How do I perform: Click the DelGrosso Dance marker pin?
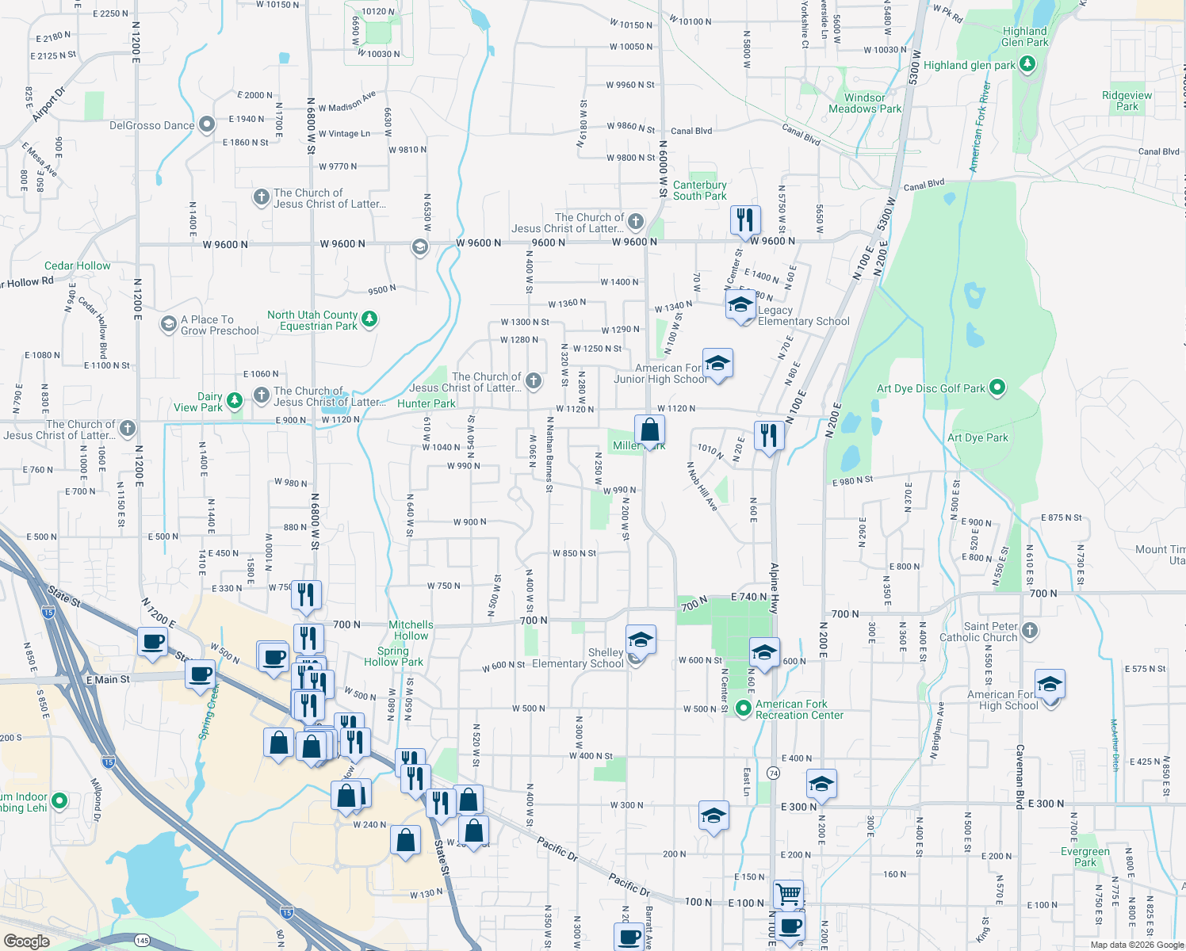click(x=207, y=124)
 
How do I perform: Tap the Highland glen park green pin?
click(x=1027, y=64)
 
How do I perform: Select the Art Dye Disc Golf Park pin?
click(x=997, y=388)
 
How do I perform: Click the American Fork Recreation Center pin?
click(x=743, y=708)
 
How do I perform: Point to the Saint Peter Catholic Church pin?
click(x=1029, y=631)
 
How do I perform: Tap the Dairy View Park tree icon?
click(x=234, y=401)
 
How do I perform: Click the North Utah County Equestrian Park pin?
click(x=369, y=319)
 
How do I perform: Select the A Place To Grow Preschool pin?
click(x=168, y=324)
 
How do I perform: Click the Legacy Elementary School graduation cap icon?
click(x=740, y=304)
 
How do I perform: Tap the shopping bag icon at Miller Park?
click(x=649, y=430)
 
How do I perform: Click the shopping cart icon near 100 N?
click(x=788, y=894)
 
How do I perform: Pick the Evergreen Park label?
click(x=1085, y=857)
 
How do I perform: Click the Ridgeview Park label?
click(x=1127, y=101)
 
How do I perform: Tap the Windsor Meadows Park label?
click(x=865, y=103)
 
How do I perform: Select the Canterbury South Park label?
click(x=699, y=190)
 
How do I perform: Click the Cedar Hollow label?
click(x=78, y=265)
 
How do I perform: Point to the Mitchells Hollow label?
click(x=411, y=630)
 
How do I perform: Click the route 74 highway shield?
click(x=774, y=773)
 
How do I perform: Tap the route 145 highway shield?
click(x=142, y=940)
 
